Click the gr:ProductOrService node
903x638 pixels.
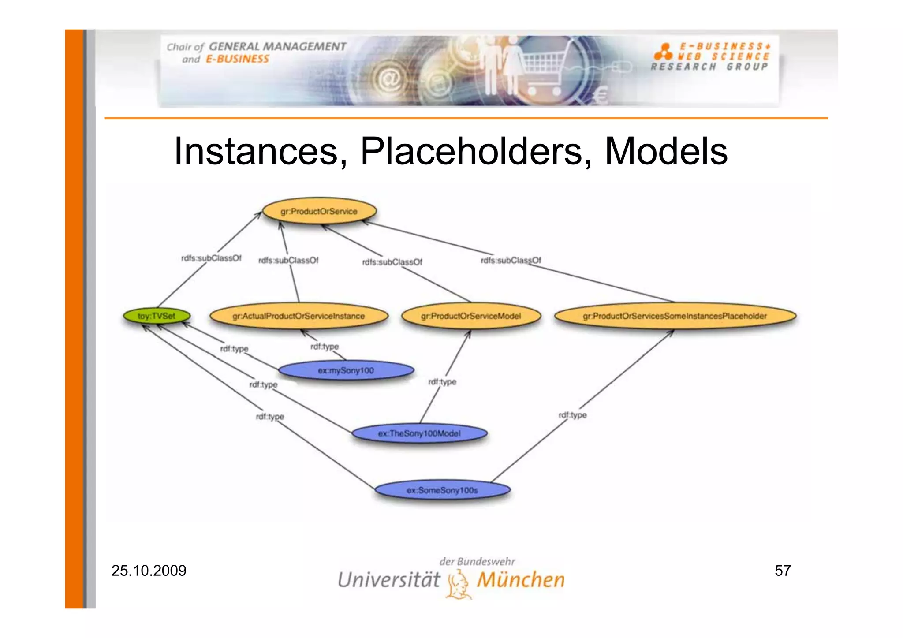[319, 211]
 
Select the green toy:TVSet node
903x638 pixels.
[157, 316]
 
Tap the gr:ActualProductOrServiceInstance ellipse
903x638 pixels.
[299, 316]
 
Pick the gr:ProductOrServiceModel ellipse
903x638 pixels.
[470, 316]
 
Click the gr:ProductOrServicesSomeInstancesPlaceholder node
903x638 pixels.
[675, 316]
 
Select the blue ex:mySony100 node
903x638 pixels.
[346, 370]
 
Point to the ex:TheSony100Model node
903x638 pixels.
[419, 433]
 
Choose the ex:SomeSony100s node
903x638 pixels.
[442, 490]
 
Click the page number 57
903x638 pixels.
[783, 571]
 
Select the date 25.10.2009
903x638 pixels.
[149, 571]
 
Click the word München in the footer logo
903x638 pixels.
[520, 579]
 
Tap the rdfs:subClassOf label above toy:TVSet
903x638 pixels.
[211, 258]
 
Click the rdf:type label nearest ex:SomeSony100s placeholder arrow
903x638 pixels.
[572, 415]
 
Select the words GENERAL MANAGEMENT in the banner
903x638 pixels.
[277, 46]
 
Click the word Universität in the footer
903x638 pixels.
[388, 579]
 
